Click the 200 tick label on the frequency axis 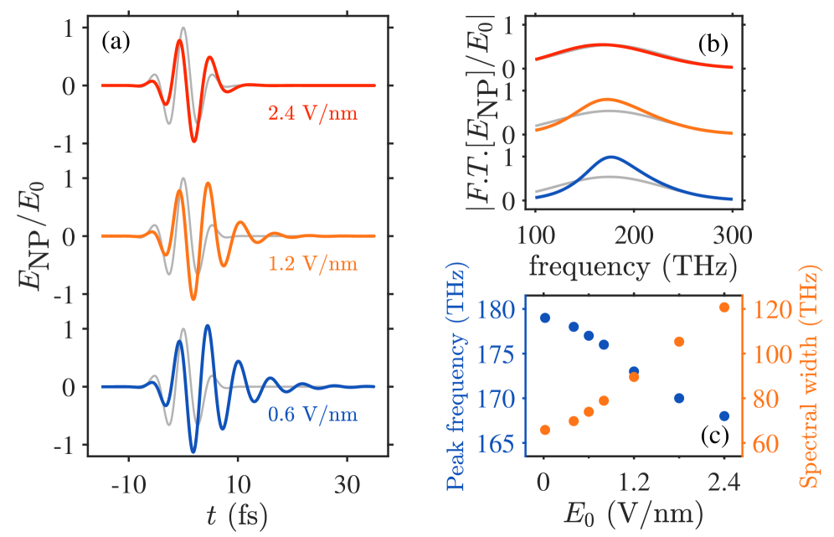(x=633, y=231)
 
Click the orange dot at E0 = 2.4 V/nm (x=724, y=307)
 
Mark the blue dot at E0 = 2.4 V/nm (x=724, y=416)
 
